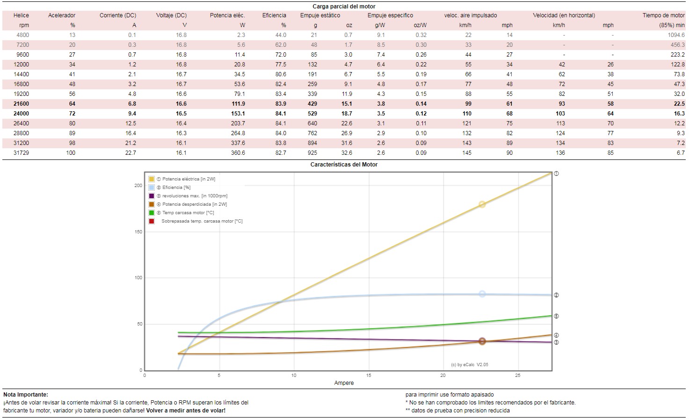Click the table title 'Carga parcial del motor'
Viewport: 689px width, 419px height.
(x=344, y=7)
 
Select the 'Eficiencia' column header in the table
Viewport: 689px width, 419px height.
(x=274, y=15)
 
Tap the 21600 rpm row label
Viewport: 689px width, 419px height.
(x=22, y=104)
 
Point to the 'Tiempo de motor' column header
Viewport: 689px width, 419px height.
(x=663, y=15)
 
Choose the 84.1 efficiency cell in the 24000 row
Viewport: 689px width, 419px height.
(x=281, y=114)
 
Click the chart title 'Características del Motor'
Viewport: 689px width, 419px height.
(x=344, y=165)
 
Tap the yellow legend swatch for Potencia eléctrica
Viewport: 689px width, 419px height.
(x=152, y=179)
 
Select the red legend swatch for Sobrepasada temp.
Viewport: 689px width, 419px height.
(x=152, y=221)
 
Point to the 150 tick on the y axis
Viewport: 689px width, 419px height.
(x=138, y=232)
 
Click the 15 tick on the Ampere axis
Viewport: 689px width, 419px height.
(x=369, y=376)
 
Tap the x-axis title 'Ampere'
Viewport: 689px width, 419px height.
(x=344, y=383)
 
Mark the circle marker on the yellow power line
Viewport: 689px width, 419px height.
(x=482, y=204)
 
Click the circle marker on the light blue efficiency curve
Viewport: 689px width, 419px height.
(x=482, y=294)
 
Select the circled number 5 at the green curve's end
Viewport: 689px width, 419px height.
(x=556, y=316)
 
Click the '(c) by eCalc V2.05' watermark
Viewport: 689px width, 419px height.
(x=470, y=365)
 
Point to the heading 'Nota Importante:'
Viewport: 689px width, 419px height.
(x=26, y=395)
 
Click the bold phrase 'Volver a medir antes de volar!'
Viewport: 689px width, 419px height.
(x=186, y=411)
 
